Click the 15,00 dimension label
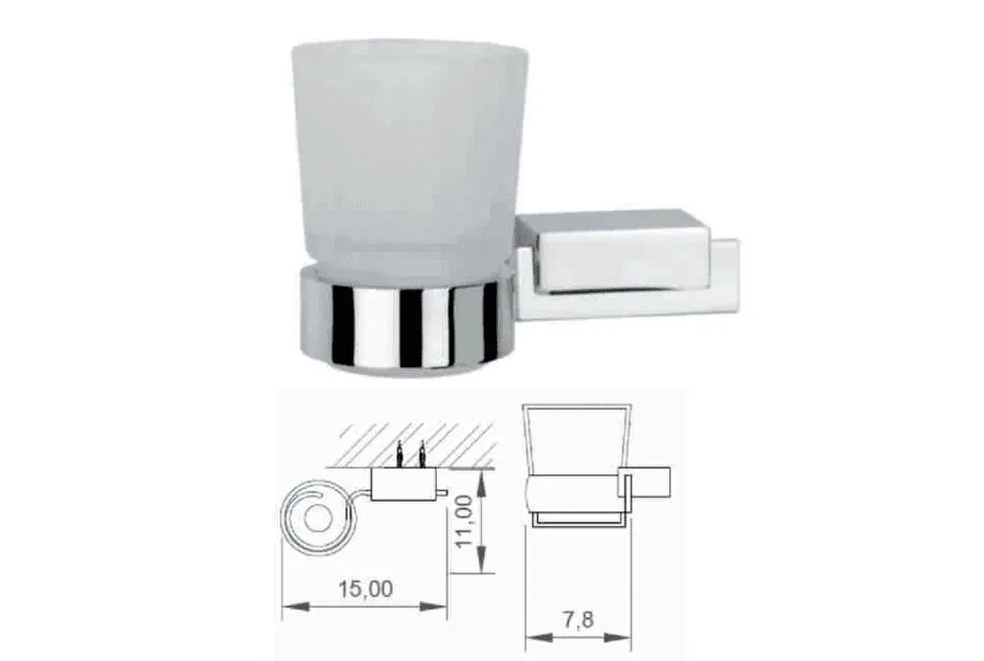[x=366, y=589]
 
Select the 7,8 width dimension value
[x=578, y=620]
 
